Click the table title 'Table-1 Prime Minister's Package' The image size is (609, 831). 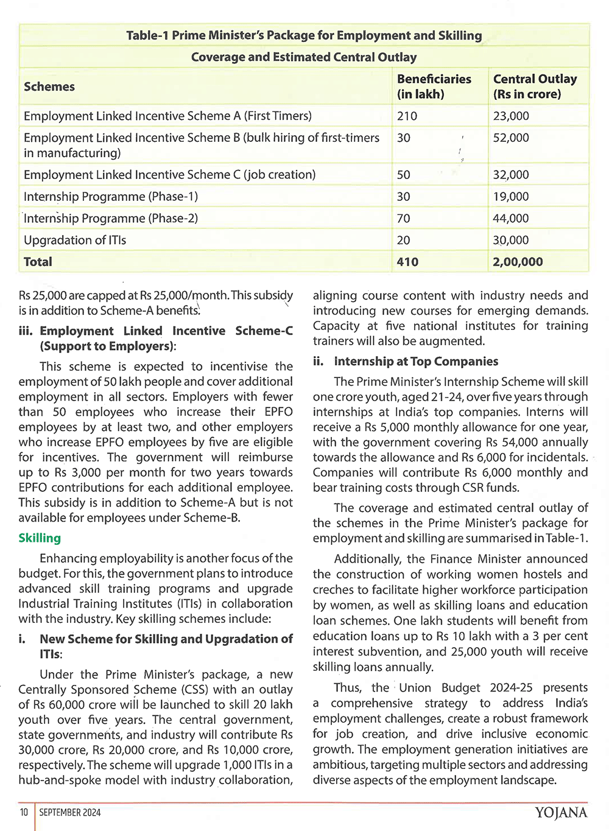coord(304,35)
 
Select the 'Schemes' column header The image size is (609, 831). coord(49,86)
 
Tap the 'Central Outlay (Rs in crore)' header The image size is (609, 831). coord(535,86)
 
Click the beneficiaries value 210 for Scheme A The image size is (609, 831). coord(407,116)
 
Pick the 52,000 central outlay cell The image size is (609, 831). coord(511,138)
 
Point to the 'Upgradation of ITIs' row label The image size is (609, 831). coord(75,240)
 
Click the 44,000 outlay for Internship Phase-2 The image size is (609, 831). coord(511,218)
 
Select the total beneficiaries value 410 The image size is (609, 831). coord(407,262)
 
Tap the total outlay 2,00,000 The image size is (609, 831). coord(518,262)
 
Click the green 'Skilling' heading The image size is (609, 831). coord(40,538)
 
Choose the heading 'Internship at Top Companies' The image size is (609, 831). coord(416,361)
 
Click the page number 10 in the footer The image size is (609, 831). coord(24,812)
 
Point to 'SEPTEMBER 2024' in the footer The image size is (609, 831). coord(70,812)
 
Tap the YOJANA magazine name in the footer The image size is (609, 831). coord(561,813)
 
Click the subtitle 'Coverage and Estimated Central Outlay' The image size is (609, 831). coord(304,57)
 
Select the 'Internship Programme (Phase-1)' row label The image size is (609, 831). coord(111,196)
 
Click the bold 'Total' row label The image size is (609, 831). coord(38,262)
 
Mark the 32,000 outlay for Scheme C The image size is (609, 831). coord(511,175)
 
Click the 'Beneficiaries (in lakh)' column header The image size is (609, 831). coord(434,86)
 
